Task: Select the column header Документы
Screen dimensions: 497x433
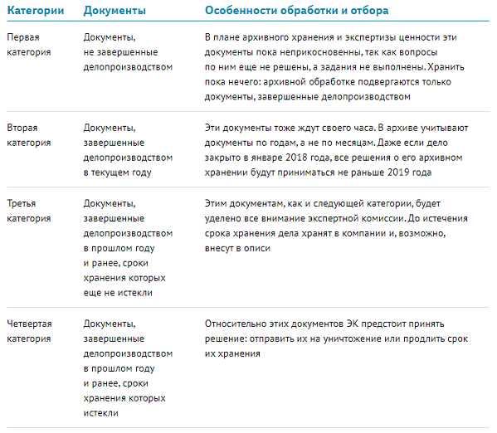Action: [x=115, y=11]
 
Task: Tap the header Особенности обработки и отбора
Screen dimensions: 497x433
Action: [x=296, y=11]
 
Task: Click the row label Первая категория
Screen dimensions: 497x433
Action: [x=28, y=45]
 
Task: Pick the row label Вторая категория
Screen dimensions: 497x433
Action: [x=28, y=135]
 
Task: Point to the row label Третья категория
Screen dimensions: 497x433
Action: [x=28, y=211]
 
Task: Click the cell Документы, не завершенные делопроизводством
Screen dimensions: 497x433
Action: [x=129, y=52]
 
